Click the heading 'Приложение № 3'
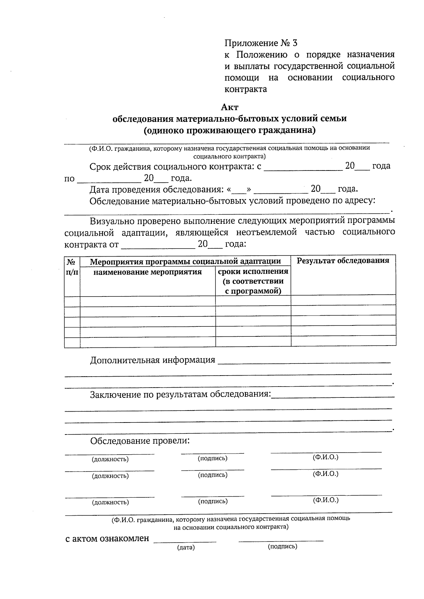click(261, 43)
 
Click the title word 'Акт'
click(230, 107)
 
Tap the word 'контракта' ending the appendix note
click(246, 89)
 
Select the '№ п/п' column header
click(72, 267)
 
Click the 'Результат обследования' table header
click(343, 261)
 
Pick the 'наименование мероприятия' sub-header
click(147, 272)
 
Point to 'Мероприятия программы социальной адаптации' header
click(185, 262)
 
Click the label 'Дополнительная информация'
click(152, 360)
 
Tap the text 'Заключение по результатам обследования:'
click(181, 394)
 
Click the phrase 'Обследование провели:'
click(140, 441)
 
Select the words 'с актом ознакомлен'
click(107, 539)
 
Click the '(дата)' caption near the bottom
click(186, 547)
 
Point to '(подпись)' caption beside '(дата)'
click(282, 546)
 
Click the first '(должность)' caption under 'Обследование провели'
click(110, 459)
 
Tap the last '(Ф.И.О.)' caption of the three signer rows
click(325, 500)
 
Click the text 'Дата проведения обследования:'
click(157, 190)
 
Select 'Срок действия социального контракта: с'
click(175, 167)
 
